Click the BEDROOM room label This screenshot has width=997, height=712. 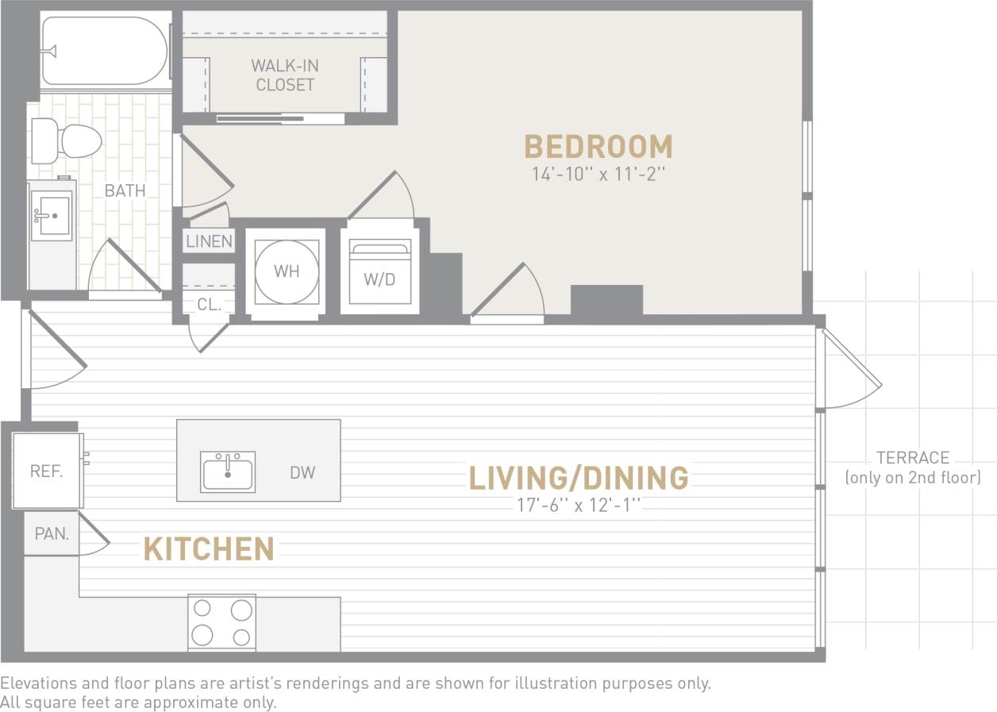point(598,147)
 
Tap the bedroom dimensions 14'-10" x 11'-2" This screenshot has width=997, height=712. point(598,175)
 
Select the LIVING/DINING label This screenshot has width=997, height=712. point(578,478)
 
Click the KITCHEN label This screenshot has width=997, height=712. point(209,549)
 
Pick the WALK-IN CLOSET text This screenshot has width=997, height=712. point(285,75)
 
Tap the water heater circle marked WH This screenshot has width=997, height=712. point(286,271)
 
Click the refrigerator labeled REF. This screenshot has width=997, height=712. point(46,471)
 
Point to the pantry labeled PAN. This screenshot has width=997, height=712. point(52,534)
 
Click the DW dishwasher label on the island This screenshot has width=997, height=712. point(302,473)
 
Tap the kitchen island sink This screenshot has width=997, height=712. point(228,471)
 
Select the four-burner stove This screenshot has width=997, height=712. point(221,622)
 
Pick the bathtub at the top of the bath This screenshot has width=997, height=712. point(105,51)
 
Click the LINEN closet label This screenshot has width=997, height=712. point(209,241)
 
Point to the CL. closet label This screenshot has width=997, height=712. point(209,304)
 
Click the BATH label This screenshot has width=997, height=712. point(125,191)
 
